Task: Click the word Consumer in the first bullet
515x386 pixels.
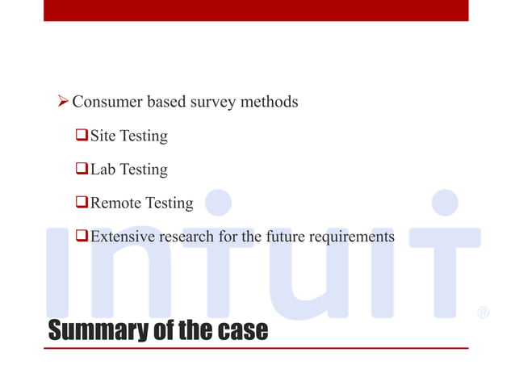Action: click(x=107, y=103)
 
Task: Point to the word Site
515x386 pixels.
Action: click(x=103, y=136)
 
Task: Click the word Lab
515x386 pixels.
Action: click(x=103, y=170)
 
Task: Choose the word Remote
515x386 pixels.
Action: click(x=115, y=203)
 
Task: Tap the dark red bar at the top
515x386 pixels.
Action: click(x=256, y=10)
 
